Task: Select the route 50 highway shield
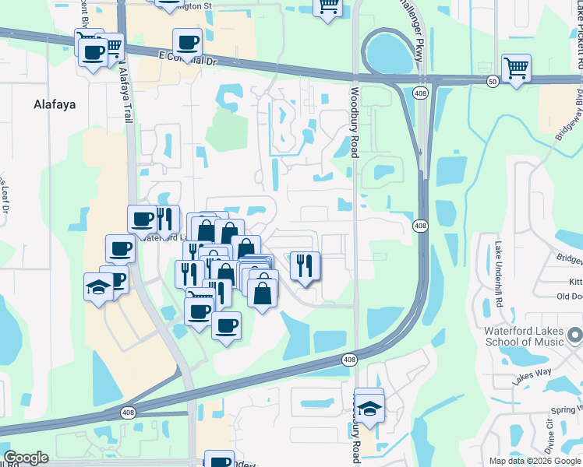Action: (x=493, y=80)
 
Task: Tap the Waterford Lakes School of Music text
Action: (x=524, y=336)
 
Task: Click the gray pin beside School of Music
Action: (x=575, y=335)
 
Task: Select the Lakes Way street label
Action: (x=532, y=377)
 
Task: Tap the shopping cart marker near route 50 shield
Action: (x=516, y=68)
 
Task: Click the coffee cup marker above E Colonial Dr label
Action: (x=186, y=43)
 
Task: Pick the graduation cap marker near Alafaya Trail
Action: (x=98, y=287)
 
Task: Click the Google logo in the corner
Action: (x=26, y=458)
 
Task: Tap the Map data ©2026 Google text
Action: (x=534, y=461)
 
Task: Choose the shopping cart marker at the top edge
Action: (x=328, y=7)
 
